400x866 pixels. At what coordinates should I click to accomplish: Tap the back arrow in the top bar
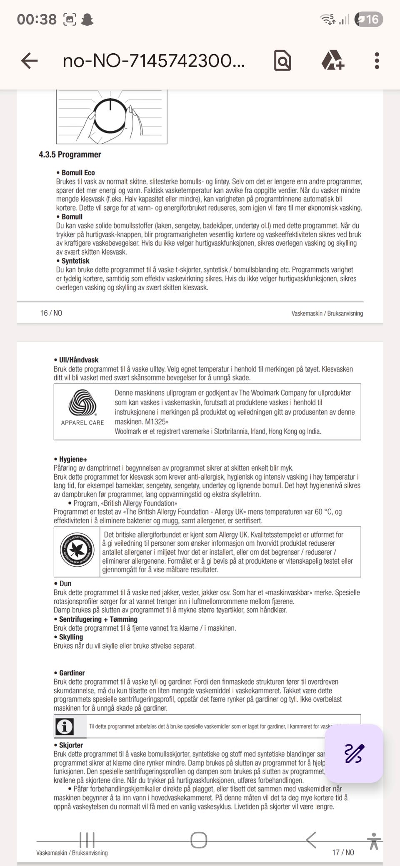tap(29, 61)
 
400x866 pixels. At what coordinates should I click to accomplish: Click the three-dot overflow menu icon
tap(377, 61)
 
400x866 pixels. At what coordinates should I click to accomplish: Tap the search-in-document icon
tap(282, 61)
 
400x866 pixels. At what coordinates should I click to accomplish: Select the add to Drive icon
tap(332, 61)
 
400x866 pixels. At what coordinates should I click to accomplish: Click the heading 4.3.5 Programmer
tap(70, 154)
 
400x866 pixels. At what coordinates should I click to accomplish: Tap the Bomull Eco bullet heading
tap(78, 173)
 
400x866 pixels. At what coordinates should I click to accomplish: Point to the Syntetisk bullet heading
tap(75, 261)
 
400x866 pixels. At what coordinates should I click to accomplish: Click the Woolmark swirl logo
tap(82, 403)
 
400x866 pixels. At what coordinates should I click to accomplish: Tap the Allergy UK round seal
tap(77, 550)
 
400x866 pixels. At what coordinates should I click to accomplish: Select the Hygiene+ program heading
tap(73, 459)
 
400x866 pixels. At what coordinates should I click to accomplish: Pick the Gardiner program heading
tap(72, 673)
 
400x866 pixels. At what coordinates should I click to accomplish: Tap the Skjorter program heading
tap(71, 745)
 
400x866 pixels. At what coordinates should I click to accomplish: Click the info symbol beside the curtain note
tap(65, 727)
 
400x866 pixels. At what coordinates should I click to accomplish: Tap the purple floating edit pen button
tap(354, 754)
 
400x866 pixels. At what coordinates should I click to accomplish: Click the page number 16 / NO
tap(51, 313)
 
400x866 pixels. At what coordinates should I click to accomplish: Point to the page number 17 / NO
tap(343, 852)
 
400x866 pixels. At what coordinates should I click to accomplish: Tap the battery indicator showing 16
tap(368, 19)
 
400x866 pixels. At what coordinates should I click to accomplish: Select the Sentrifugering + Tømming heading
tap(98, 619)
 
